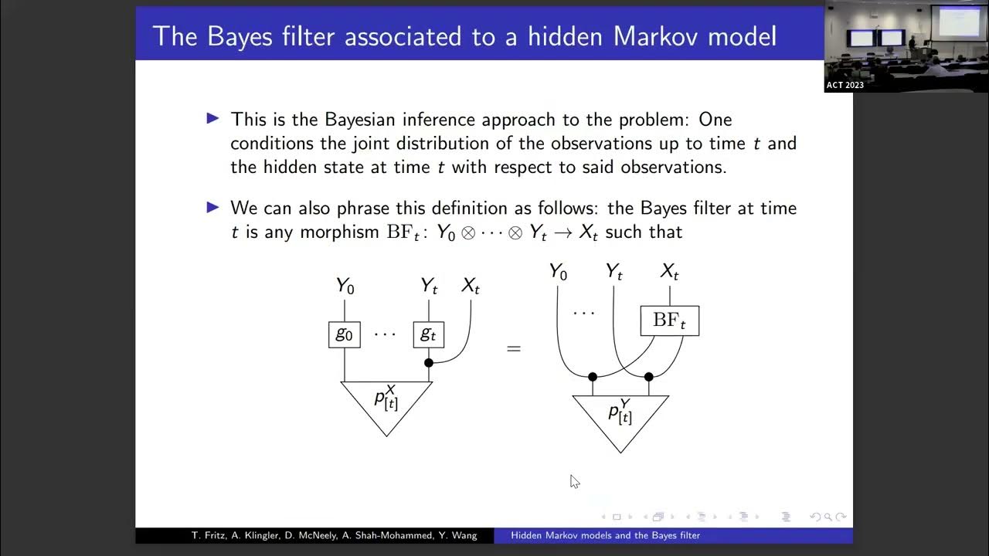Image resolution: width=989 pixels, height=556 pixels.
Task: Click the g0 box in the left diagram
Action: click(x=345, y=334)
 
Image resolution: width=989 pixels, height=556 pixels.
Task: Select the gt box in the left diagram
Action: click(x=428, y=334)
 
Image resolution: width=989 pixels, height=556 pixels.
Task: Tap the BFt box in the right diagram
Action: click(x=669, y=320)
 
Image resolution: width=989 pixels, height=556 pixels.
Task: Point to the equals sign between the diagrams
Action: click(x=514, y=348)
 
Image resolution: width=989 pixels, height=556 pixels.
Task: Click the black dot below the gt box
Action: click(x=429, y=362)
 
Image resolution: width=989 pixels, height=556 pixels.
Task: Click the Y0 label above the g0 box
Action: click(x=345, y=286)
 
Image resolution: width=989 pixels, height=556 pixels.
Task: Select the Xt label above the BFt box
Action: click(x=669, y=272)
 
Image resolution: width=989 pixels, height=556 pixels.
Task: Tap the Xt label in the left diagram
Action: click(x=470, y=286)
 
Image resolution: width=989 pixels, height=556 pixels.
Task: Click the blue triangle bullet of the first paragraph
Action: click(x=213, y=118)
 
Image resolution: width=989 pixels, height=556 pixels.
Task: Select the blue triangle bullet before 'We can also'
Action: click(x=213, y=207)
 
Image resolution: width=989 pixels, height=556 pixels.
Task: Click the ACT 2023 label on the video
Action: click(x=845, y=85)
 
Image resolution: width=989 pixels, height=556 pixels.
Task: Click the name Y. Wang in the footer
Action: click(x=458, y=535)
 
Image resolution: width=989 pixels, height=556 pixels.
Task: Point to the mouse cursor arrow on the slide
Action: click(x=574, y=481)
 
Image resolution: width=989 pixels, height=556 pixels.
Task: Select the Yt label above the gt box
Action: click(x=429, y=286)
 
